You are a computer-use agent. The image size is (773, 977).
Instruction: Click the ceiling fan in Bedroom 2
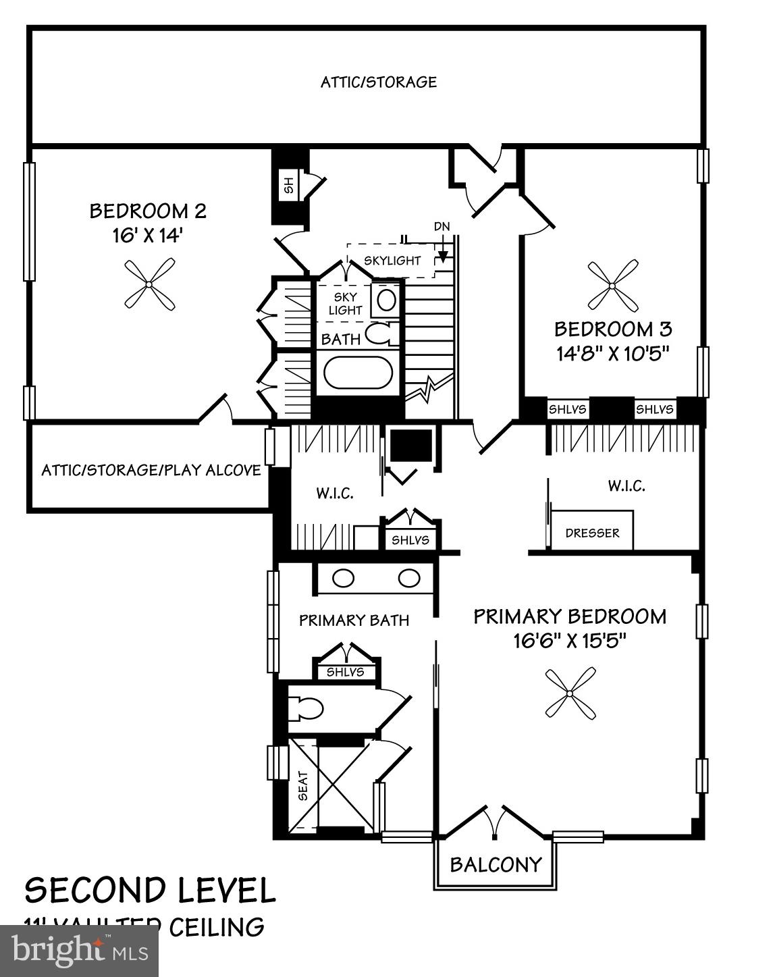(x=149, y=284)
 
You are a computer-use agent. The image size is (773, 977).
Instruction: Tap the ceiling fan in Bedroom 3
(x=612, y=286)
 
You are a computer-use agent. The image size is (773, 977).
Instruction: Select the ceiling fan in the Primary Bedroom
(x=570, y=693)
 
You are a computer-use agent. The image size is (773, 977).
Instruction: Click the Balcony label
(x=496, y=864)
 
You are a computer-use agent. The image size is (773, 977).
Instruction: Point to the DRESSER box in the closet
(x=592, y=533)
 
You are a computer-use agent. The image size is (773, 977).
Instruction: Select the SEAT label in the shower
(x=303, y=786)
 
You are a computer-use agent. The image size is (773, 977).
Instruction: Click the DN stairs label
(x=442, y=227)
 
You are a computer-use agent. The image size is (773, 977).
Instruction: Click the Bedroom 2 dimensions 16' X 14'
(x=148, y=236)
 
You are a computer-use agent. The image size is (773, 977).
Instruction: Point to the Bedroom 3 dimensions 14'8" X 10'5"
(x=612, y=353)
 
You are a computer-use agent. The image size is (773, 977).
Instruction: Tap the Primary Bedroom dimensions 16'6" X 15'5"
(x=570, y=640)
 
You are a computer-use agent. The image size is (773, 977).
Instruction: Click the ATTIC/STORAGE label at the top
(x=379, y=82)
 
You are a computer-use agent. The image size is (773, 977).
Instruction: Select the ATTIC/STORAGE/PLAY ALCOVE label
(x=151, y=470)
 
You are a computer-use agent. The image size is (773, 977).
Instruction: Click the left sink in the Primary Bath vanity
(x=344, y=578)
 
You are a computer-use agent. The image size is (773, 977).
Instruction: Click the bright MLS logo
(x=80, y=951)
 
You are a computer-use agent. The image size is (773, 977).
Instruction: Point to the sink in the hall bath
(x=386, y=300)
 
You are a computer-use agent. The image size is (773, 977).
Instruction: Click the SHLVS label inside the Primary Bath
(x=345, y=672)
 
